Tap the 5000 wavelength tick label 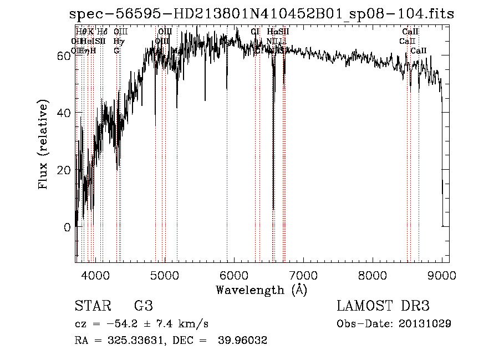165,274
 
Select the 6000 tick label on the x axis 234,274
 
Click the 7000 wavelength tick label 303,274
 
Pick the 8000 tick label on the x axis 373,274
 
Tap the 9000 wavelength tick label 441,274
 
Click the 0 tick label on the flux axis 67,227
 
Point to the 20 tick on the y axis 64,170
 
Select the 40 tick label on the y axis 64,113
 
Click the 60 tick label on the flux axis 64,55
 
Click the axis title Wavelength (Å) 261,290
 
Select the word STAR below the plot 93,306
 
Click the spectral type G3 143,306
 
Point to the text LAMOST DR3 383,306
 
